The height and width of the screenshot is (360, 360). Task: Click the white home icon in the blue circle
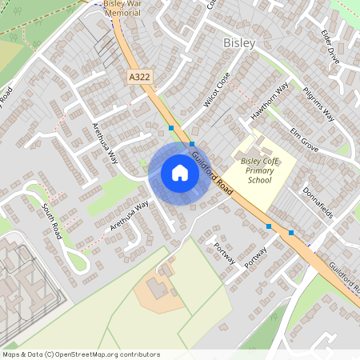[179, 173]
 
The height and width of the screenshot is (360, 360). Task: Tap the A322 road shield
[139, 77]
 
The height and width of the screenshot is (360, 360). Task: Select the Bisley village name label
[238, 42]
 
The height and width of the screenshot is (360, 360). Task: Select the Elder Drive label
[330, 46]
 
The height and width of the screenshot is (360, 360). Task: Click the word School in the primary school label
[259, 181]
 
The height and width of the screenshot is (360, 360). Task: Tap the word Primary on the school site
[259, 170]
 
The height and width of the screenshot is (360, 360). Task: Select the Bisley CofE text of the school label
[258, 161]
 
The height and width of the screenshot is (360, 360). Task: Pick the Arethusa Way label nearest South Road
[130, 216]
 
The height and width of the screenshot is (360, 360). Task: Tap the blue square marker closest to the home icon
[192, 145]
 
